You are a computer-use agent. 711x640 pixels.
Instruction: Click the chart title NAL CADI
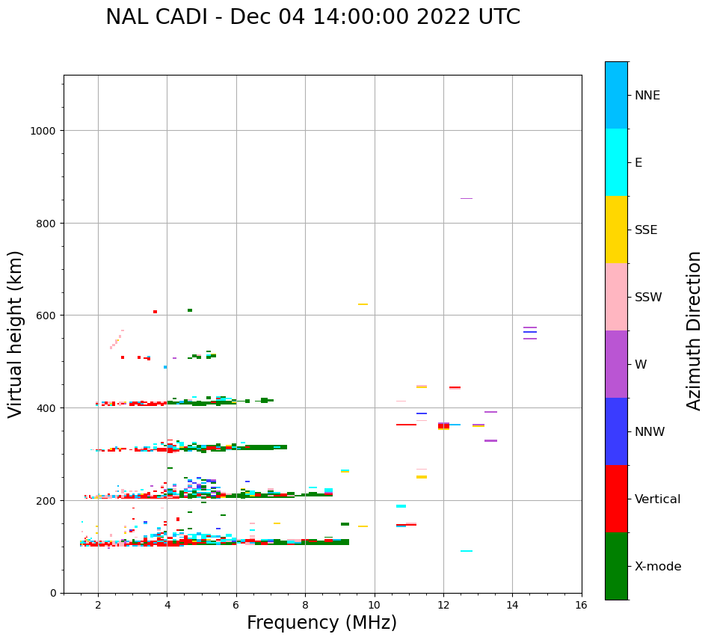tap(313, 17)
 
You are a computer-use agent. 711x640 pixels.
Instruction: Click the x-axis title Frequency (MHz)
tap(321, 623)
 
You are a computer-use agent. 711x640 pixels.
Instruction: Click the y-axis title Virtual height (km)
tap(16, 333)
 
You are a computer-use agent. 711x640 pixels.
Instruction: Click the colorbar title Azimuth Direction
tap(695, 330)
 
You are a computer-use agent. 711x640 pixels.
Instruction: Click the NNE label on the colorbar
tap(647, 96)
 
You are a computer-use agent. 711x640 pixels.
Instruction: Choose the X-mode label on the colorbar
tap(658, 567)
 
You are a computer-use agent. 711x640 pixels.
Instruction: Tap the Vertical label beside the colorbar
tap(658, 499)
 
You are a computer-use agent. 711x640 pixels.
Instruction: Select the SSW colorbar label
tap(648, 298)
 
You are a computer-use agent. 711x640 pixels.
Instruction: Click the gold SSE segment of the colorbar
tap(616, 230)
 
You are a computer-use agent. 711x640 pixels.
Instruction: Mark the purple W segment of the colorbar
tap(616, 364)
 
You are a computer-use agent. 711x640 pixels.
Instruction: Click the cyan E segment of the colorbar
tap(616, 162)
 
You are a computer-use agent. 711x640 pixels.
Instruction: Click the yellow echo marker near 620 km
tap(363, 304)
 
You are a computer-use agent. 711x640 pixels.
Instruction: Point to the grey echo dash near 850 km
tap(466, 198)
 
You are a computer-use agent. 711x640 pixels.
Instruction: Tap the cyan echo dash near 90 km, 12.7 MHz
tap(466, 551)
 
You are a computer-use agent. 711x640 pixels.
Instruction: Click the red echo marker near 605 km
tap(155, 312)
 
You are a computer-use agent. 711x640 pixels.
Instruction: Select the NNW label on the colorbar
tap(650, 432)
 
